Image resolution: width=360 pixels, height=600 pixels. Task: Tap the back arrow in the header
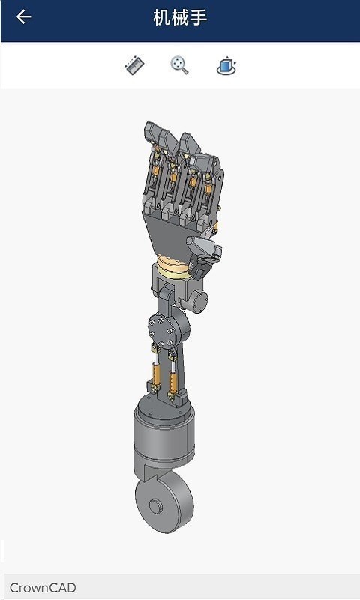(23, 17)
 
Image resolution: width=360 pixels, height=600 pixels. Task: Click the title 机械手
(180, 17)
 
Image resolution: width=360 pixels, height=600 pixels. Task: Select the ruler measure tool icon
(134, 66)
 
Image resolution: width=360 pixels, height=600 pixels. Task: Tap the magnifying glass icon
(179, 66)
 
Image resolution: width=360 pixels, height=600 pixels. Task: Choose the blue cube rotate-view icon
(226, 66)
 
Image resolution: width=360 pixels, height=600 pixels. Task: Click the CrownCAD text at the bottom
(43, 588)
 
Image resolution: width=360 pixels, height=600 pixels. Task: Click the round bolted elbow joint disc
(159, 327)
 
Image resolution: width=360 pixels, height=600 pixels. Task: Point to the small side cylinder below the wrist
(199, 301)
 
